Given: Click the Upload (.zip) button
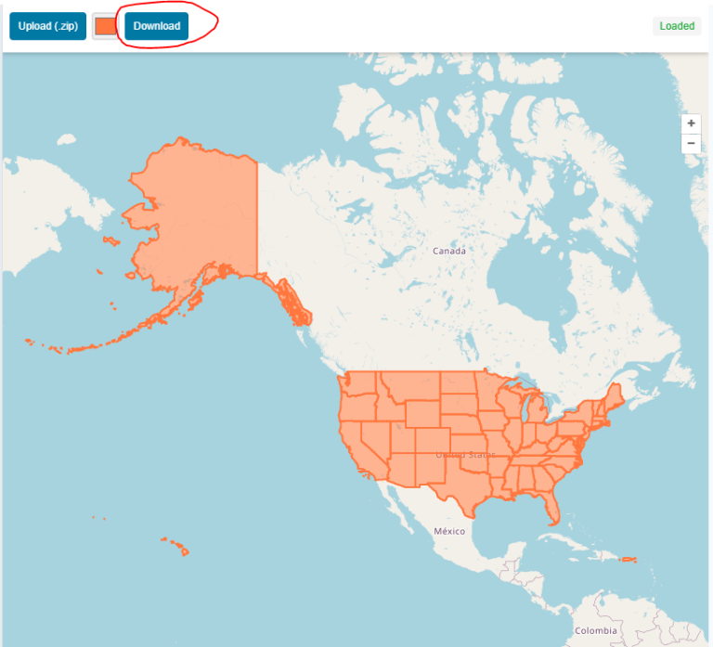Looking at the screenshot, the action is pos(47,26).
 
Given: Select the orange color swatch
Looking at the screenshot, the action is pos(106,26).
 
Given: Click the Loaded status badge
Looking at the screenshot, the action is pos(677,26).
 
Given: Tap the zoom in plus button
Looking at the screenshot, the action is pos(691,123).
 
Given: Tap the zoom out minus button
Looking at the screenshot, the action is pos(691,143).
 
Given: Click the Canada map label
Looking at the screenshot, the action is pos(449,251).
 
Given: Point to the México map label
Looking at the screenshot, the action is pos(449,531).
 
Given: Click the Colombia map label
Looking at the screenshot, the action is pos(594,631).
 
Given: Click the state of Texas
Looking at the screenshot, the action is pos(464,483).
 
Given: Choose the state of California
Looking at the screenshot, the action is pos(357,446).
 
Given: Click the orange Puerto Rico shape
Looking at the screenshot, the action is pos(629,559).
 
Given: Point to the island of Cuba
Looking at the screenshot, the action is pos(566,540).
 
